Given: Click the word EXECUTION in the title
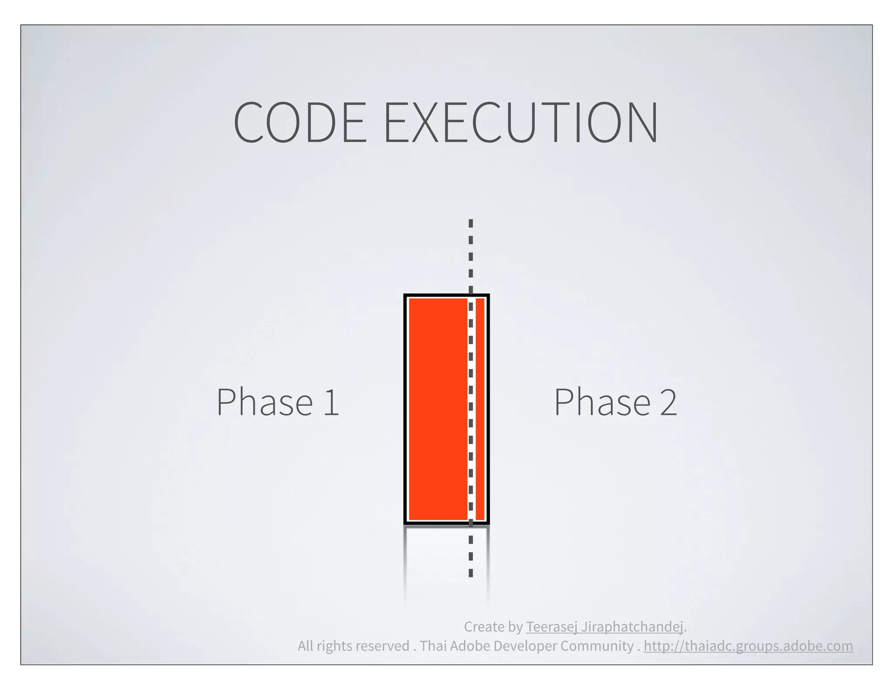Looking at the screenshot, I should [x=521, y=122].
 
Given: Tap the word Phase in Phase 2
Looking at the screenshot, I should [x=602, y=402].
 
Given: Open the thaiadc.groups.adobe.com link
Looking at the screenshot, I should [x=748, y=646].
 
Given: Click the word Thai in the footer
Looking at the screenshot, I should [x=433, y=646].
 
